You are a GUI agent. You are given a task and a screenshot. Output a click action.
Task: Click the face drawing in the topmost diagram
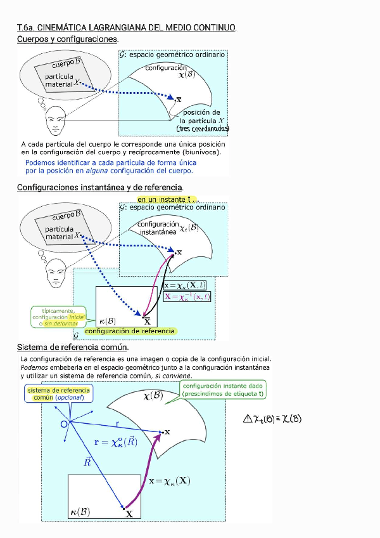(56, 117)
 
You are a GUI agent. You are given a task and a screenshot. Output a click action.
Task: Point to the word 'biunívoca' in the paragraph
(202, 152)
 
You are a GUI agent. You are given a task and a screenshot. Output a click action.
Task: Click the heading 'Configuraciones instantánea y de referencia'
(100, 188)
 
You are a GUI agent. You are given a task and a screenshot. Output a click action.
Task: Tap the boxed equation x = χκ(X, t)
(187, 286)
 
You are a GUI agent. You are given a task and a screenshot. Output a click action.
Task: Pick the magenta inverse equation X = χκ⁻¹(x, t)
(187, 296)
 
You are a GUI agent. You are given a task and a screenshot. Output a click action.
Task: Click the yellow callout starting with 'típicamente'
(54, 317)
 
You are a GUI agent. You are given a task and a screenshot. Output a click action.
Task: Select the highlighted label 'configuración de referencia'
(130, 331)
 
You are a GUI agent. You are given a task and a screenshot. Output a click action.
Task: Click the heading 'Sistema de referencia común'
(73, 348)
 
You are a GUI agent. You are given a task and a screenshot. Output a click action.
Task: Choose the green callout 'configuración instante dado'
(223, 390)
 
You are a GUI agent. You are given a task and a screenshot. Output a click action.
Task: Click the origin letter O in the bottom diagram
(64, 424)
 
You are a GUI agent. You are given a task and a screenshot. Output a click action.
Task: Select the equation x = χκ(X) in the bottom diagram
(169, 481)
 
